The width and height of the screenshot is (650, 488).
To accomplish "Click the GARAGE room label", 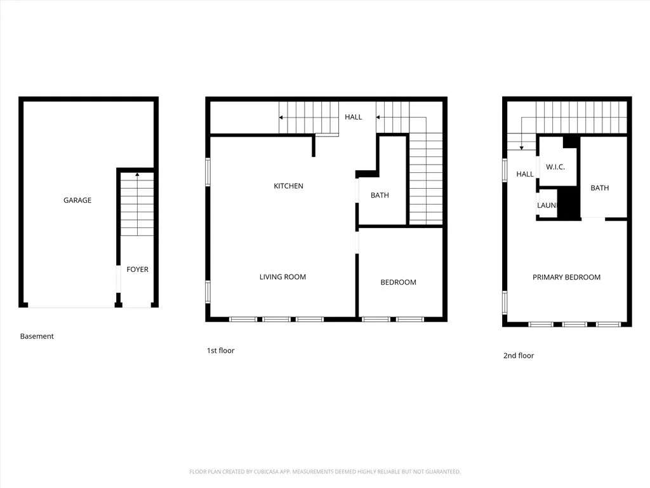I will click(x=77, y=200).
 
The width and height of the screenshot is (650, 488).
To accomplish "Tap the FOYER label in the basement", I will click(x=137, y=269).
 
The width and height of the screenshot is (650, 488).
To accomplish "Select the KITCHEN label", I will click(x=288, y=186).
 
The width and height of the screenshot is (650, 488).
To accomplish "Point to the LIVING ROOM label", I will click(x=282, y=277).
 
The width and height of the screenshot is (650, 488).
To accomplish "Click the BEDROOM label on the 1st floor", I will click(x=398, y=282).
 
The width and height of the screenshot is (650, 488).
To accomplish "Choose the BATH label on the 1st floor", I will click(x=380, y=195).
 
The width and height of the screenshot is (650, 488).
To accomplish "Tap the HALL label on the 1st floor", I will click(x=354, y=117).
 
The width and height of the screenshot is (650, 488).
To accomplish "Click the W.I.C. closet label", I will click(x=555, y=167).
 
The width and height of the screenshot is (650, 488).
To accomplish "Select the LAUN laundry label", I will click(x=547, y=206).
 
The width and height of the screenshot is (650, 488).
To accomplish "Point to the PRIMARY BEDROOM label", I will click(x=566, y=277).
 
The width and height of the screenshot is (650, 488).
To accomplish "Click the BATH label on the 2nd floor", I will click(x=599, y=187).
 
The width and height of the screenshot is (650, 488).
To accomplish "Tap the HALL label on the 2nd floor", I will click(x=525, y=174).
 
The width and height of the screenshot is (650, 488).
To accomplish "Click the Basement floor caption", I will click(x=37, y=336).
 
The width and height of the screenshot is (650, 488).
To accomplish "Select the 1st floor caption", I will click(x=220, y=351).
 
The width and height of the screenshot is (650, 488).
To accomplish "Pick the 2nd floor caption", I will click(x=519, y=356).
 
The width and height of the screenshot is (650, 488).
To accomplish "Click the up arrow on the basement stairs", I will click(x=137, y=175).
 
